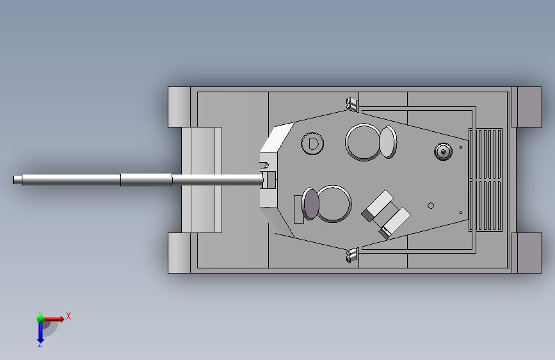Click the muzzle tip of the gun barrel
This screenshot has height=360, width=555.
pyautogui.click(x=14, y=180)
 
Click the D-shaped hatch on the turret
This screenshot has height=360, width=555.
pyautogui.click(x=312, y=143)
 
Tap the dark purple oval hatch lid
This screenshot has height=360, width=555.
pyautogui.click(x=310, y=204)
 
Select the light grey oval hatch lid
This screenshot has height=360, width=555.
pyautogui.click(x=388, y=142)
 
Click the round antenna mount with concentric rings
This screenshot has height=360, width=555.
pyautogui.click(x=443, y=152)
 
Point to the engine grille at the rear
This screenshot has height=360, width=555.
pyautogui.click(x=486, y=180)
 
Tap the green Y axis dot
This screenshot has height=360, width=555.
pyautogui.click(x=40, y=318)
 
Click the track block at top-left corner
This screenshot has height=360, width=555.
pyautogui.click(x=179, y=106)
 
